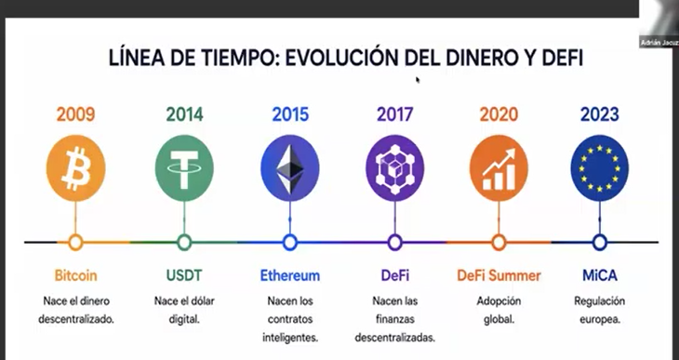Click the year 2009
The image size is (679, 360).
pyautogui.click(x=75, y=114)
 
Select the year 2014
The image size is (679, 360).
pyautogui.click(x=184, y=114)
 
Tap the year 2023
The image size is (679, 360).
pyautogui.click(x=600, y=114)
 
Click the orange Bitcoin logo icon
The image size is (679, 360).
pyautogui.click(x=75, y=168)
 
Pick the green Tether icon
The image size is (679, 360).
pyautogui.click(x=184, y=168)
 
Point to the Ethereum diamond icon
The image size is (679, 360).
pyautogui.click(x=290, y=168)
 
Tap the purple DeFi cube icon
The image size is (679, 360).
pyautogui.click(x=395, y=168)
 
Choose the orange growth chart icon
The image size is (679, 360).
pyautogui.click(x=499, y=168)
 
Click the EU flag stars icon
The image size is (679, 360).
pyautogui.click(x=600, y=168)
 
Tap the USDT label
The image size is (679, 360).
pyautogui.click(x=184, y=275)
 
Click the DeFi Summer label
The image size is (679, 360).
pyautogui.click(x=499, y=275)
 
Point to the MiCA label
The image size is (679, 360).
pyautogui.click(x=600, y=275)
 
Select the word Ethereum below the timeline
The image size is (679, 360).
pyautogui.click(x=290, y=275)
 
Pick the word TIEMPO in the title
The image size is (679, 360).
pyautogui.click(x=238, y=58)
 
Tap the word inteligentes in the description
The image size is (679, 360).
pyautogui.click(x=290, y=338)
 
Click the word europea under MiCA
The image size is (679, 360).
pyautogui.click(x=600, y=320)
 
